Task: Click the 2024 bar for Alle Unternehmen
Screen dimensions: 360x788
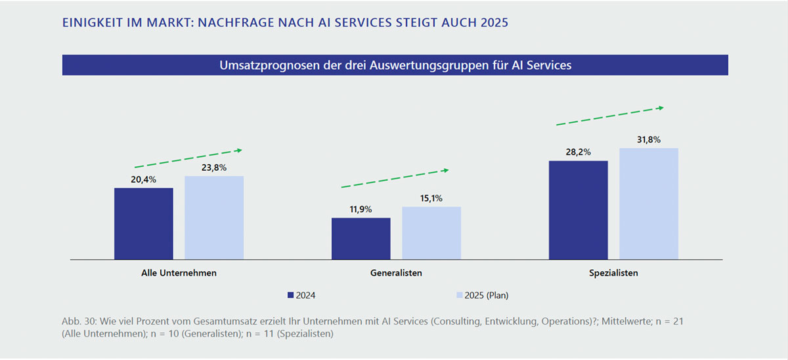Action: point(144,223)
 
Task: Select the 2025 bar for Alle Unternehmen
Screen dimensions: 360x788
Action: point(214,217)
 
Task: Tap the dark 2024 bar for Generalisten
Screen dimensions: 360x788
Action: point(361,238)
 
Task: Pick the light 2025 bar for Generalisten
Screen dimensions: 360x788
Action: point(431,233)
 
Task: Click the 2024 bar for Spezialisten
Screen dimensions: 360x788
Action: point(578,210)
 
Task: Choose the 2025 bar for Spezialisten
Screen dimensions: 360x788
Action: point(649,204)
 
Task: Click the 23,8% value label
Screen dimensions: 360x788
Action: point(214,168)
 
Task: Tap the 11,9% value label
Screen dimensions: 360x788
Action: point(361,210)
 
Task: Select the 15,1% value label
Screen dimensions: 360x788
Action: point(431,198)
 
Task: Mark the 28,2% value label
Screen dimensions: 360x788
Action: point(578,152)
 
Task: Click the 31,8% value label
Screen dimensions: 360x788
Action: point(649,140)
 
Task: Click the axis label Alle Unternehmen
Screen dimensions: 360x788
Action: point(179,273)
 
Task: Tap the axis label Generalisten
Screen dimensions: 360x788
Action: point(395,273)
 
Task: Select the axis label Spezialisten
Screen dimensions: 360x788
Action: point(613,273)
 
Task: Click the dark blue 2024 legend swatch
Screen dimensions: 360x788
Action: point(291,296)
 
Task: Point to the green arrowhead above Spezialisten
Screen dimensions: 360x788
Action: point(661,108)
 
